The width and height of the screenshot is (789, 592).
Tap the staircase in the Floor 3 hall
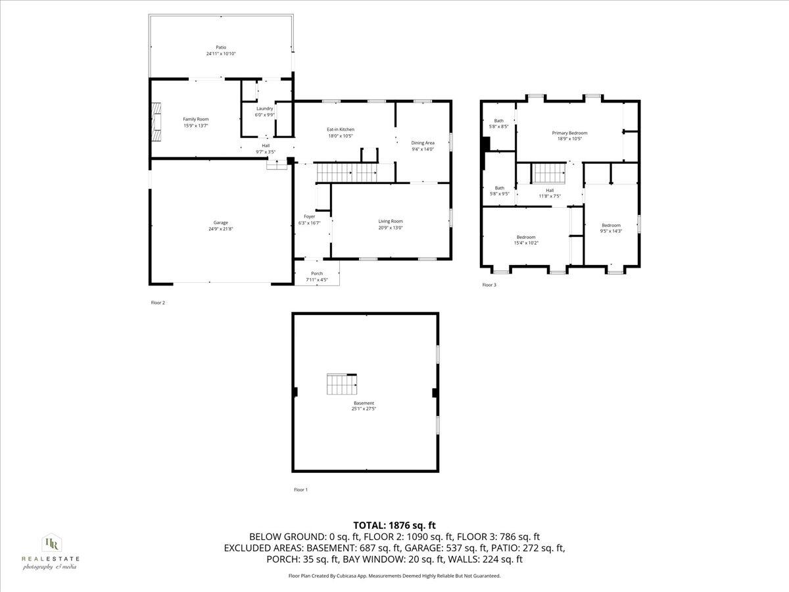(x=549, y=174)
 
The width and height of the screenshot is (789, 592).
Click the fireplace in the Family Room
(x=155, y=122)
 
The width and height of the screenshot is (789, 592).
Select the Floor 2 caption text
(x=158, y=303)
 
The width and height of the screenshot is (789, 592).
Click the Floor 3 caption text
(x=489, y=285)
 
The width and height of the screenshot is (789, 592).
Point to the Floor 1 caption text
(x=300, y=489)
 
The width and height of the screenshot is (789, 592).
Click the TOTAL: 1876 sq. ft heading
(x=394, y=525)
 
